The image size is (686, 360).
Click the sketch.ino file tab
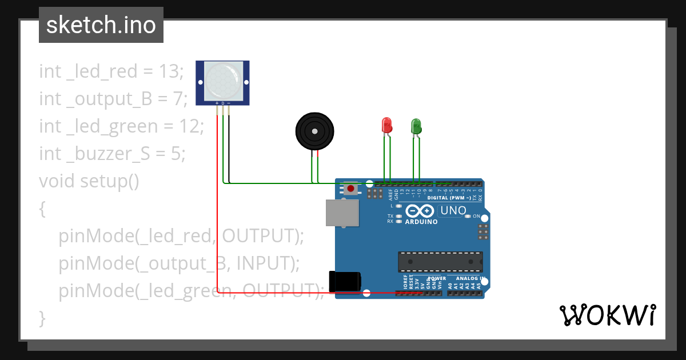point(101,25)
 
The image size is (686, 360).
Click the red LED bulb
point(386,125)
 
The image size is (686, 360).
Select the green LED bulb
point(416,125)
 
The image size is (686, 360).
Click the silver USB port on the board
point(342,213)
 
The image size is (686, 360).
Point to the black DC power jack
point(345,282)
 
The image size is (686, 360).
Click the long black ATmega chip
point(440,261)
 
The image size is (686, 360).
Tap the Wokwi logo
point(607,315)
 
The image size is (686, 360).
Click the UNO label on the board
point(453,210)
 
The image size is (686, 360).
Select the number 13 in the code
point(169,71)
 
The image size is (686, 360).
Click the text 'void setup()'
point(89,181)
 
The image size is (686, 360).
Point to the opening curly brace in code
point(42,209)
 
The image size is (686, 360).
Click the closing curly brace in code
point(42,318)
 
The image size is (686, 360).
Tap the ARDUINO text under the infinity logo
point(421,222)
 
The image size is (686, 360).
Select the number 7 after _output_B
point(178,99)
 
